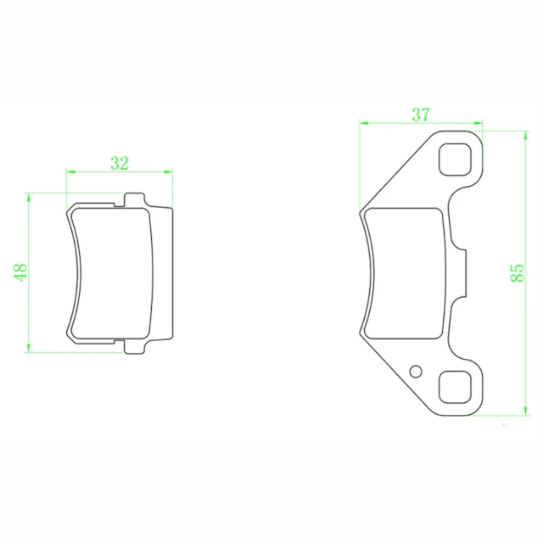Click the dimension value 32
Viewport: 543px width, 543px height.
click(120, 163)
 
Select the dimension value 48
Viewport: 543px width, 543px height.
click(20, 272)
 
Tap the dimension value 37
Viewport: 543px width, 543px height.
click(421, 115)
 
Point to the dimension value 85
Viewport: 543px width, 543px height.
click(518, 273)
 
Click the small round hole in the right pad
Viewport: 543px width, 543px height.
click(416, 372)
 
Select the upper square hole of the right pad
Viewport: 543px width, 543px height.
click(455, 160)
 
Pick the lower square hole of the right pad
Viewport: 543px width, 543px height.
click(455, 388)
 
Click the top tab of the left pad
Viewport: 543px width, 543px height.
click(134, 200)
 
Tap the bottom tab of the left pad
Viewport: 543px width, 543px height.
click(134, 347)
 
